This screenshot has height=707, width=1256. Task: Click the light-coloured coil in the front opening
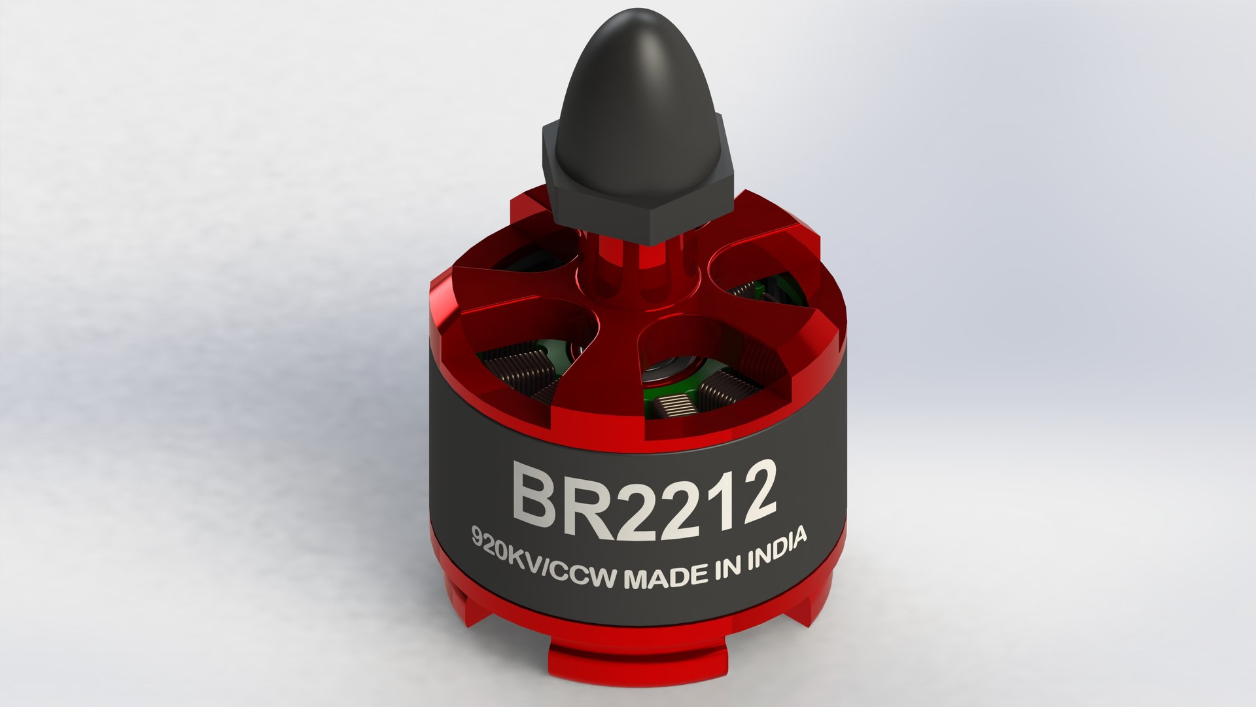pyautogui.click(x=674, y=407)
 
